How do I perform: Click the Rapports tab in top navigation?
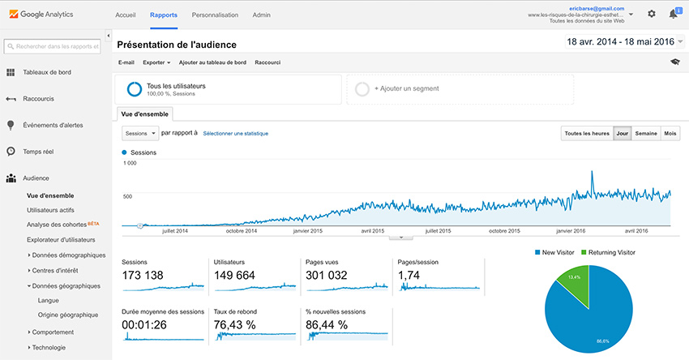[164, 15]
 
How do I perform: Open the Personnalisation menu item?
[215, 15]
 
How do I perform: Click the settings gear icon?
[652, 14]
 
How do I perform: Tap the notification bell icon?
[674, 14]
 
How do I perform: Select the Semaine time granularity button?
[646, 133]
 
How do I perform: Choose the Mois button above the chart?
[670, 133]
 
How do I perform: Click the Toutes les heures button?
[586, 133]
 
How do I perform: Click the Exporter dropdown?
[156, 62]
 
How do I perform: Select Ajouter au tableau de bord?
[212, 62]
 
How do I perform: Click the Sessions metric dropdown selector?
[139, 132]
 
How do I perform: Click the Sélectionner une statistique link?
[235, 133]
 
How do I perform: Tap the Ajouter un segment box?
[459, 89]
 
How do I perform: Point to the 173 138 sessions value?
[143, 276]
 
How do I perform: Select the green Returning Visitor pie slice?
[574, 279]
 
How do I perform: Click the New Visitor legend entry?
[555, 252]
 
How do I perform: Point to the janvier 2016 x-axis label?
[572, 231]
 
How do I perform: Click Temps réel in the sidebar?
[38, 152]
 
